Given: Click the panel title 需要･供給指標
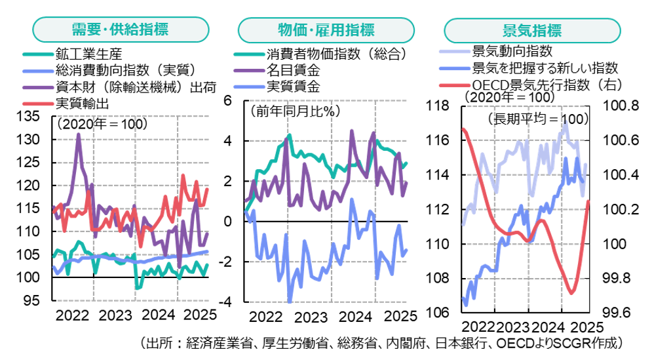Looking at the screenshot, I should click(x=120, y=30).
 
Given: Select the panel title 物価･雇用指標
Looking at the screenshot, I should click(x=326, y=30).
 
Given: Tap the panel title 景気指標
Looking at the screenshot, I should click(x=531, y=31).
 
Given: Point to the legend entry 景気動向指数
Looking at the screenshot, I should click(x=512, y=51).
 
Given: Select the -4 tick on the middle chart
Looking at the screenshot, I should click(x=226, y=302).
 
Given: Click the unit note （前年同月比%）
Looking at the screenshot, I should click(x=294, y=111).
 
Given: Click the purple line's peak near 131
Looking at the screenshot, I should click(x=79, y=134).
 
